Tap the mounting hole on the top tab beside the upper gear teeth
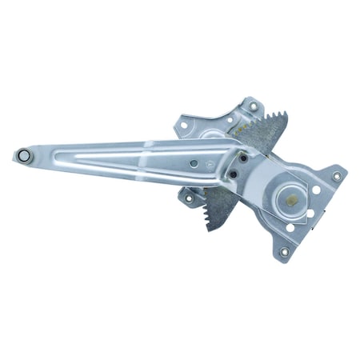coord(253,106)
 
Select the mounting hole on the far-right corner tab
coord(336,176)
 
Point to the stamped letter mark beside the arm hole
coord(206,164)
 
